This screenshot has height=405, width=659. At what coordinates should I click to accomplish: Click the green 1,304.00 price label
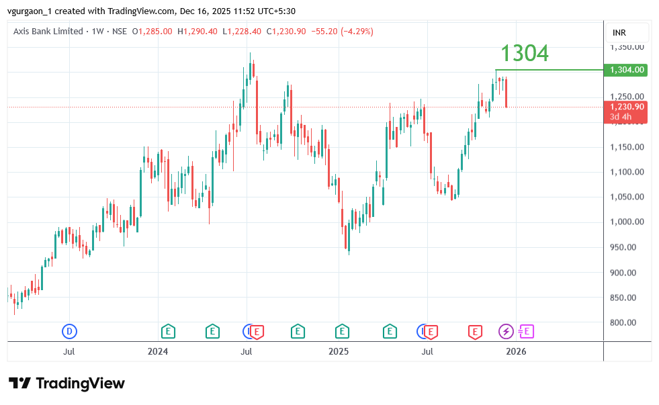click(x=627, y=70)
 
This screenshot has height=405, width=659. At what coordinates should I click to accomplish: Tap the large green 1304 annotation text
click(x=524, y=53)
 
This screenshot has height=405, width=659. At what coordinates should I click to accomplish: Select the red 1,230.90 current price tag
click(x=627, y=107)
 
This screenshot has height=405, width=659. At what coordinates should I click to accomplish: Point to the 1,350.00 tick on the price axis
click(x=627, y=47)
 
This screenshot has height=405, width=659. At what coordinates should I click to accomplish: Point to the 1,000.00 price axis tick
click(x=627, y=222)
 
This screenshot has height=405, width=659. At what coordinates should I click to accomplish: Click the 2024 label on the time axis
click(x=158, y=351)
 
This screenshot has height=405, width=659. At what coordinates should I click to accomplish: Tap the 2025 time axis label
click(x=339, y=351)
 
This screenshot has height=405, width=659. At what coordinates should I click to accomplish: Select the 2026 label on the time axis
click(x=516, y=351)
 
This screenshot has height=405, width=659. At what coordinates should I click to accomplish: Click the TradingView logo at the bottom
click(x=67, y=384)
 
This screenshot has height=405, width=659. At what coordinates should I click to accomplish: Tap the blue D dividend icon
click(x=69, y=331)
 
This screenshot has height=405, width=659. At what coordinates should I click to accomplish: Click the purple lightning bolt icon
click(x=505, y=331)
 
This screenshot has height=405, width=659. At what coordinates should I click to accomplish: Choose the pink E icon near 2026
click(x=526, y=331)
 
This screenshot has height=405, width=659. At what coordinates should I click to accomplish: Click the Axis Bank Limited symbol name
click(x=48, y=32)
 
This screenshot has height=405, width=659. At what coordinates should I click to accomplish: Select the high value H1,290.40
click(x=197, y=32)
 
